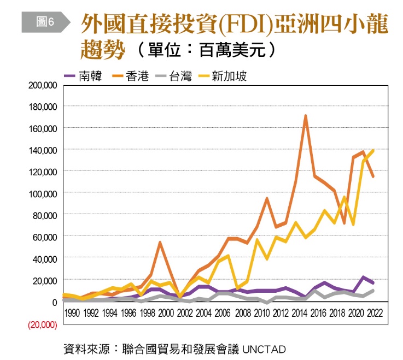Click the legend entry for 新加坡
tap(222, 76)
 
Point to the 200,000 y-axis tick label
tap(43, 86)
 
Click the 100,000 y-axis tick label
tap(43, 193)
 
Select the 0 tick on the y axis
tap(54, 302)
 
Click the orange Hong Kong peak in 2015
tap(305, 116)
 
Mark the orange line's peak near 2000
tap(160, 242)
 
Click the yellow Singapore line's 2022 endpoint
tap(373, 151)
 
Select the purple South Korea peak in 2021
tap(363, 278)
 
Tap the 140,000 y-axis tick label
tap(43, 150)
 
